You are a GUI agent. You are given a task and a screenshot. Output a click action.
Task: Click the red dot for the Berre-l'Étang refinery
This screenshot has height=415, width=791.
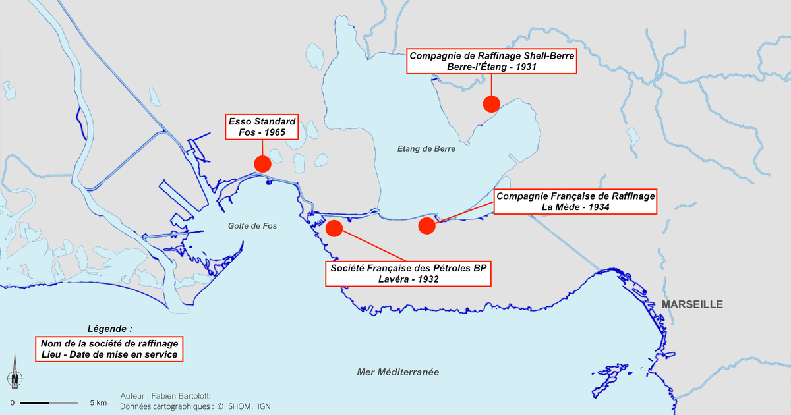[491, 103]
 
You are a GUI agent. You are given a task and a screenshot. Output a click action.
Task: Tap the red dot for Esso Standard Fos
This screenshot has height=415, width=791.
[262, 164]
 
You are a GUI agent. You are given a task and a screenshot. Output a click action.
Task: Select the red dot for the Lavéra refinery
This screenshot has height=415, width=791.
[334, 229]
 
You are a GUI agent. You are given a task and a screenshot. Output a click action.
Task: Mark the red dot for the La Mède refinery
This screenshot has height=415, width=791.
[426, 226]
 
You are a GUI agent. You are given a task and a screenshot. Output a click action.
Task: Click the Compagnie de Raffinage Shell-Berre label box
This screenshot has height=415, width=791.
[491, 61]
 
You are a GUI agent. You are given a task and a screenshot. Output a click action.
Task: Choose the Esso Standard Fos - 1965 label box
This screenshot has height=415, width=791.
[262, 127]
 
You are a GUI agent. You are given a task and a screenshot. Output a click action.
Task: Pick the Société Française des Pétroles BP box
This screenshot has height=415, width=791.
[408, 273]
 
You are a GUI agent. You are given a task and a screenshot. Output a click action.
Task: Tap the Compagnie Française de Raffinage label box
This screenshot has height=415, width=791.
[575, 202]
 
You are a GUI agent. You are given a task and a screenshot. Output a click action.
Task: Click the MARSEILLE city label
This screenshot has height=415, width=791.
[692, 304]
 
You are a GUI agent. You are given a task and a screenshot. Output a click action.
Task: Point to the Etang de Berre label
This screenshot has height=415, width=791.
[426, 149]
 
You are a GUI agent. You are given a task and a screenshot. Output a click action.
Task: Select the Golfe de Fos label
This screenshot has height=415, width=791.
[252, 226]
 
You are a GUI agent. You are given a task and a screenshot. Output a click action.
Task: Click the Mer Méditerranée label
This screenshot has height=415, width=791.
[397, 372]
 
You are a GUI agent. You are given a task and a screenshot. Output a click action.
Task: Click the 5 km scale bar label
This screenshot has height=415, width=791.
[98, 402]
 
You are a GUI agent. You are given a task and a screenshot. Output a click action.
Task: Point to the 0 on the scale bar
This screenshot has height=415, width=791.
[12, 402]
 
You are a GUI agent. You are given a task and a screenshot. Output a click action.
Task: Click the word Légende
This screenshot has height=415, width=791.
[109, 328]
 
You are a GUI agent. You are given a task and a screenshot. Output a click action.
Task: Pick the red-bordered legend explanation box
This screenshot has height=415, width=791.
[109, 349]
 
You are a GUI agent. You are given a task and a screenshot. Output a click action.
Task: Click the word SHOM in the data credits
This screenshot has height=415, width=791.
[239, 406]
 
